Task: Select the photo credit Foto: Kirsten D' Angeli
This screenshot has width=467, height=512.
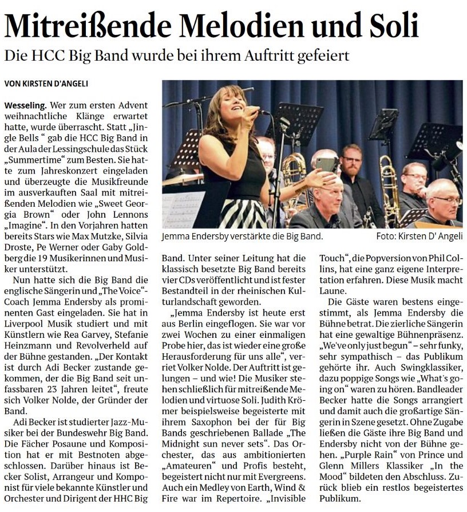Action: pos(419,236)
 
